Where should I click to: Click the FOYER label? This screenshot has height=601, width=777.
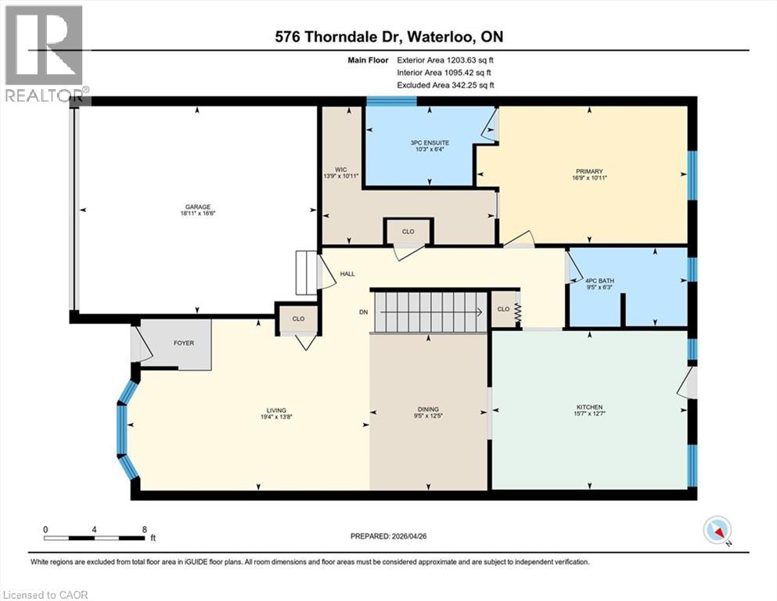[x=184, y=343]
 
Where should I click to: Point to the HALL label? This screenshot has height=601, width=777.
[x=347, y=274]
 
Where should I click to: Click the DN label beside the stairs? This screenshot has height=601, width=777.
[x=363, y=312]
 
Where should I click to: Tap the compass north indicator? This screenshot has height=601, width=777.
[x=718, y=531]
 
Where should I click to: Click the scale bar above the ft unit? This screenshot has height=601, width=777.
[x=95, y=538]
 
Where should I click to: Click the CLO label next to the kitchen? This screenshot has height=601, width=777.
[x=504, y=309]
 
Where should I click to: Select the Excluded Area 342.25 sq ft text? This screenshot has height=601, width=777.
[x=446, y=85]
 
